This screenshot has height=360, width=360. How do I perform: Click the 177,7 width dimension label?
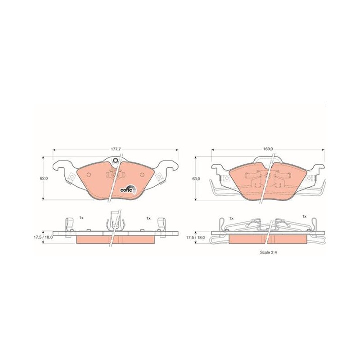coord(116,149)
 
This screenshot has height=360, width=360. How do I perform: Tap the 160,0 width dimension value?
coord(268,149)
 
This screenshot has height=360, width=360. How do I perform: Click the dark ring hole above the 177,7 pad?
coord(116,161)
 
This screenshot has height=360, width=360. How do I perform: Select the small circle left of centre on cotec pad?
coord(89,175)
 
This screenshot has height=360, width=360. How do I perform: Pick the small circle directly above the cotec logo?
coord(142,175)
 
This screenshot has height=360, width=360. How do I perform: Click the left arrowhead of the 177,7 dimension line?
coord(54,150)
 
